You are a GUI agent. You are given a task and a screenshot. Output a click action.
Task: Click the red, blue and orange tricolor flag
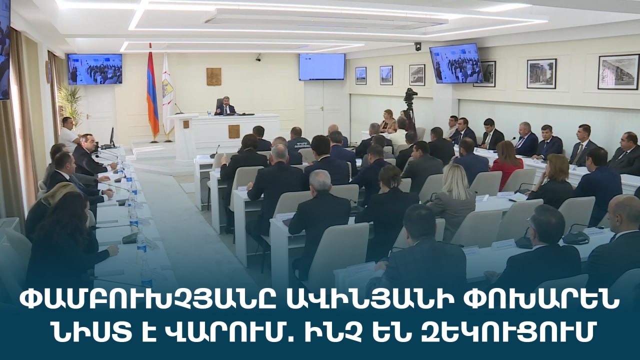[152, 94]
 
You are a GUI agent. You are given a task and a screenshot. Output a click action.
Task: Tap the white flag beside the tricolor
[167, 94]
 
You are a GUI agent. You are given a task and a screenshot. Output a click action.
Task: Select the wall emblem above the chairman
[213, 76]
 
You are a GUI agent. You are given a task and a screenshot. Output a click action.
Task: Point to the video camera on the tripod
[410, 95]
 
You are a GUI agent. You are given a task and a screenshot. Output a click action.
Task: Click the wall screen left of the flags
[95, 69]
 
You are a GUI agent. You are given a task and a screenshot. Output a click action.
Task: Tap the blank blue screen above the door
[322, 67]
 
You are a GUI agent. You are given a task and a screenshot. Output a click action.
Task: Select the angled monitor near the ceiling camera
[456, 63]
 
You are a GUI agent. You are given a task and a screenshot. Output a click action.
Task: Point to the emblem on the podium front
[233, 131]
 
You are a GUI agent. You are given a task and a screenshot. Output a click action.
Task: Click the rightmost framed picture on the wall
[618, 71]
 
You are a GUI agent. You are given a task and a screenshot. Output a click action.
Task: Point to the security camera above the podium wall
[258, 58]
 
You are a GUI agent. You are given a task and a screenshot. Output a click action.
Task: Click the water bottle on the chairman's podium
[209, 112]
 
